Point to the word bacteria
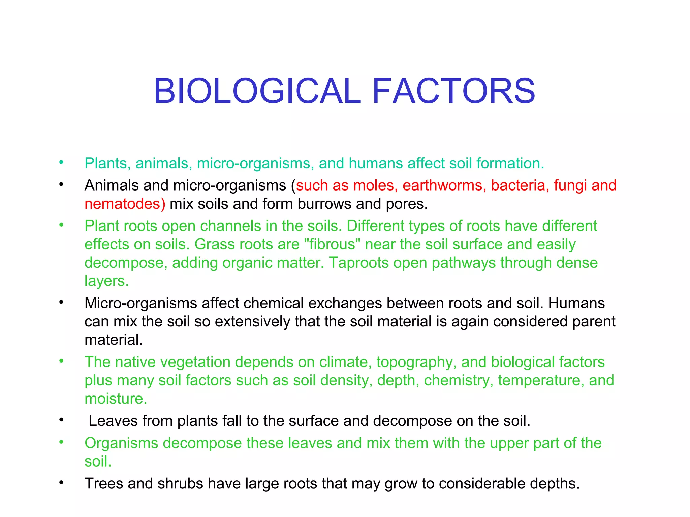(518, 185)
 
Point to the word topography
(416, 363)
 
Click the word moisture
(116, 399)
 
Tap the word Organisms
(121, 443)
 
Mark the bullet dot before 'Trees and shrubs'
(61, 483)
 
